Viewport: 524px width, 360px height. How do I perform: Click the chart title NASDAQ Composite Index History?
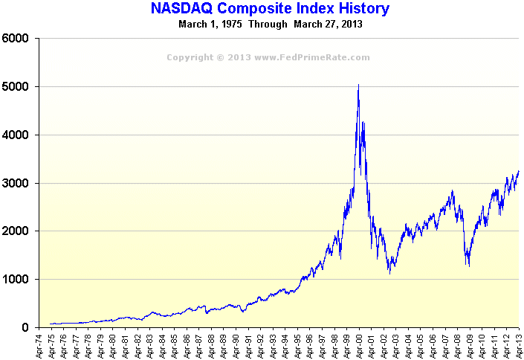(270, 9)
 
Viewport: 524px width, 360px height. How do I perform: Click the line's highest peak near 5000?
(359, 86)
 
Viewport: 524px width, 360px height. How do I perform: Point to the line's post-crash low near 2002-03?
(389, 274)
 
